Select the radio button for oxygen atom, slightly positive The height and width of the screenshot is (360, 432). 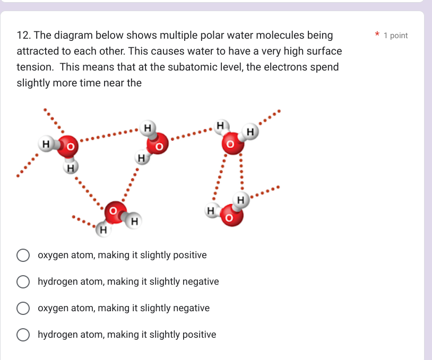[23, 256]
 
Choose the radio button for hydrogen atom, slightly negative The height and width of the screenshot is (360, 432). [23, 282]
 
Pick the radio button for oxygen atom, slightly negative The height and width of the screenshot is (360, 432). [23, 309]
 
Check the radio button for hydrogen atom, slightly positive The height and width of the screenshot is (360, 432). [23, 335]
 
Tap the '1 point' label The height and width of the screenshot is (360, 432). [395, 36]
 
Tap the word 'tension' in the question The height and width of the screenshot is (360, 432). [34, 67]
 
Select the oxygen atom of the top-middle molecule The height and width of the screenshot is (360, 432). [157, 143]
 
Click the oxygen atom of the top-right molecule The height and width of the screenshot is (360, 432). [231, 144]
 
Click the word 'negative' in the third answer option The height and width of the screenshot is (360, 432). [189, 308]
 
